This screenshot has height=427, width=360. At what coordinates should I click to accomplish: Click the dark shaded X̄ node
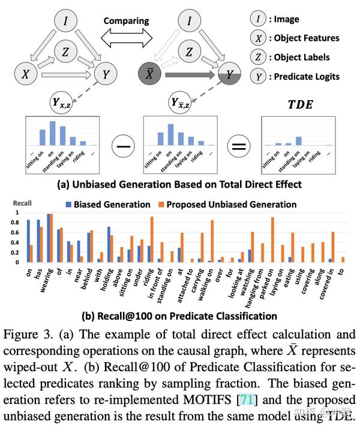click(x=148, y=75)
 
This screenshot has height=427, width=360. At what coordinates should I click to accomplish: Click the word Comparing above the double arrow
click(x=125, y=21)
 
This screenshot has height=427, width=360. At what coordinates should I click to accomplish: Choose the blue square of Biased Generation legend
click(x=69, y=205)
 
